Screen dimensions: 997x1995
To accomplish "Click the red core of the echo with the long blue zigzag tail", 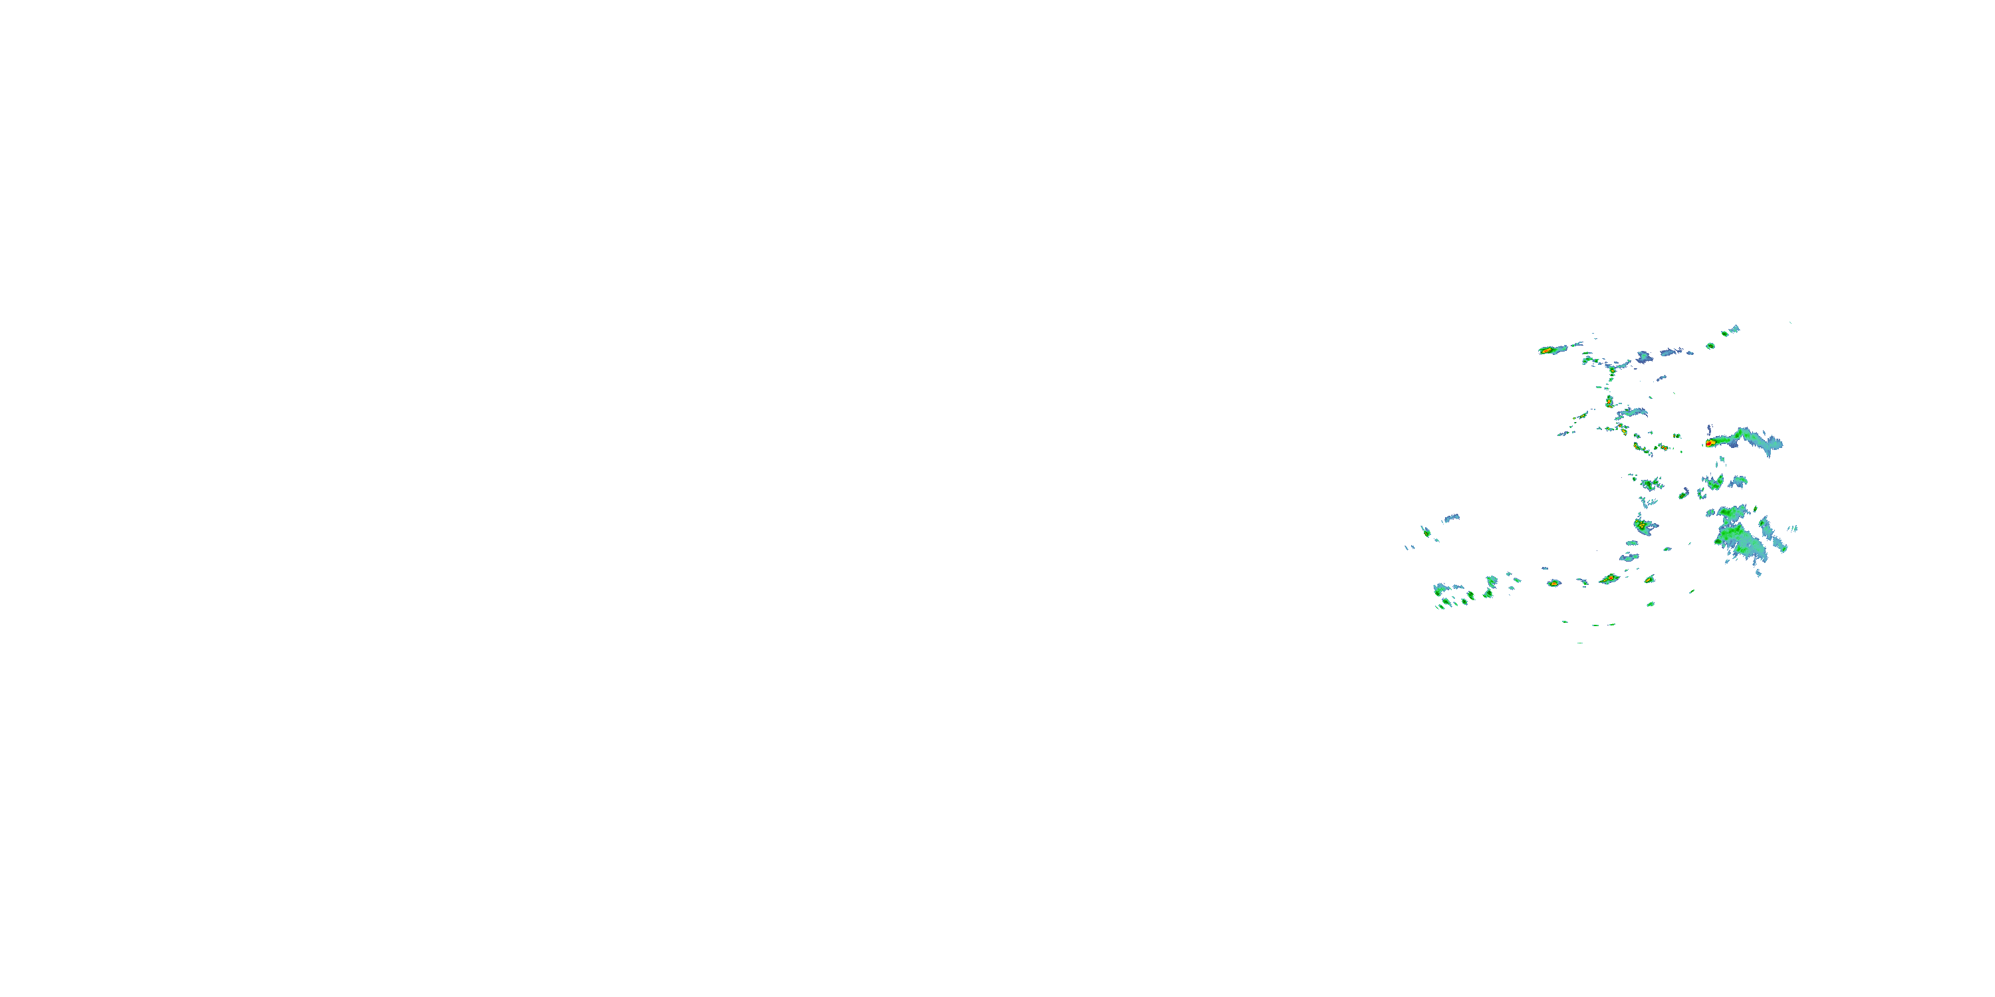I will (1709, 443).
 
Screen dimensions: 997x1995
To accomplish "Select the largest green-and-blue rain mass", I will (1741, 536).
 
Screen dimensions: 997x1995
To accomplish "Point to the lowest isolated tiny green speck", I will (1580, 643).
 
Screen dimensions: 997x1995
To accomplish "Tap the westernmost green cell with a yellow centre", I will (1425, 532).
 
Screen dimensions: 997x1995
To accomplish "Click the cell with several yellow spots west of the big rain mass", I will (1643, 526).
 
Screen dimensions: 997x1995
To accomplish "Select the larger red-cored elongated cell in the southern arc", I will (1610, 578).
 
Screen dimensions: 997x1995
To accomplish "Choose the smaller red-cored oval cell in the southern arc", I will (1553, 583).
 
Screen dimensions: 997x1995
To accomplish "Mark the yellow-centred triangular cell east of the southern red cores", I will (1650, 579).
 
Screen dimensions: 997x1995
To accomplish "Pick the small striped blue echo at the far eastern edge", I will (1794, 528).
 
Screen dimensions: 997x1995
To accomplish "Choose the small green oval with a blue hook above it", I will (1683, 493).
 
